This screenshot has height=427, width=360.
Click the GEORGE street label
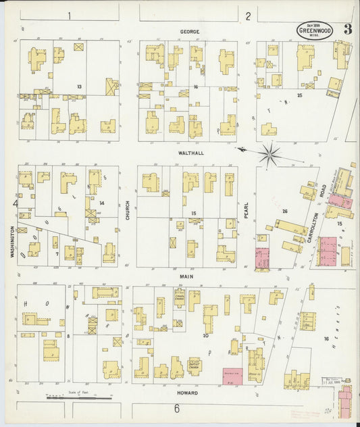pos(189,31)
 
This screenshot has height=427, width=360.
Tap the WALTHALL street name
pos(191,153)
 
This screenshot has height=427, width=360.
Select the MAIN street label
pos(187,276)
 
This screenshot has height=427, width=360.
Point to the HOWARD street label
pos(188,393)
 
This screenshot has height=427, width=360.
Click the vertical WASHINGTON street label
pos(12,242)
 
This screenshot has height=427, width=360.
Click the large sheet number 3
pos(347,29)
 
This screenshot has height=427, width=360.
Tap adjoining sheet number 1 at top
pos(69,14)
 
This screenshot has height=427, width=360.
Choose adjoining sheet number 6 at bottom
pos(177,409)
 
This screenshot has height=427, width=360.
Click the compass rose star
pos(269,155)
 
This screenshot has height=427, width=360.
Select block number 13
pos(79,86)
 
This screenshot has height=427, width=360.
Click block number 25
pos(299,95)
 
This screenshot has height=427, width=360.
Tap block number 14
pos(101,203)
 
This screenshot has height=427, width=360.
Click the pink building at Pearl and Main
pos(261,257)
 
